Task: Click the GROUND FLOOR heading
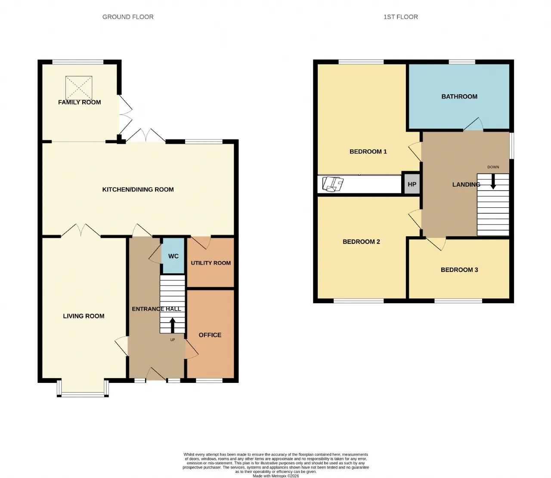pyautogui.click(x=128, y=17)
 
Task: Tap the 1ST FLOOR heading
pyautogui.click(x=401, y=17)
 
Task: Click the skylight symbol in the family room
pyautogui.click(x=79, y=88)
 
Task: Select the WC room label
pyautogui.click(x=173, y=256)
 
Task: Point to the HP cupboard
pyautogui.click(x=412, y=185)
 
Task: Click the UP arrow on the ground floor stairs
pyautogui.click(x=172, y=326)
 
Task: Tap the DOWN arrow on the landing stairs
pyautogui.click(x=493, y=182)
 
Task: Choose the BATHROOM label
pyautogui.click(x=459, y=97)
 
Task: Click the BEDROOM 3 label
pyautogui.click(x=459, y=270)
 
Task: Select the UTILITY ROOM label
pyautogui.click(x=211, y=263)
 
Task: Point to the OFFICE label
pyautogui.click(x=210, y=335)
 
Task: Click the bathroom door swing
pyautogui.click(x=473, y=124)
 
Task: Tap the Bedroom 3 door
pyautogui.click(x=436, y=244)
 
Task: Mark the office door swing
pyautogui.click(x=192, y=349)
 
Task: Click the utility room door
pyautogui.click(x=201, y=242)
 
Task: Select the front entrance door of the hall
pyautogui.click(x=156, y=374)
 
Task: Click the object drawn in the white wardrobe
pyautogui.click(x=333, y=184)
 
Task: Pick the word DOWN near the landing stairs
pyautogui.click(x=493, y=167)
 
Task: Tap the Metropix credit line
pyautogui.click(x=275, y=476)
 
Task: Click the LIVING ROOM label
pyautogui.click(x=84, y=316)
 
